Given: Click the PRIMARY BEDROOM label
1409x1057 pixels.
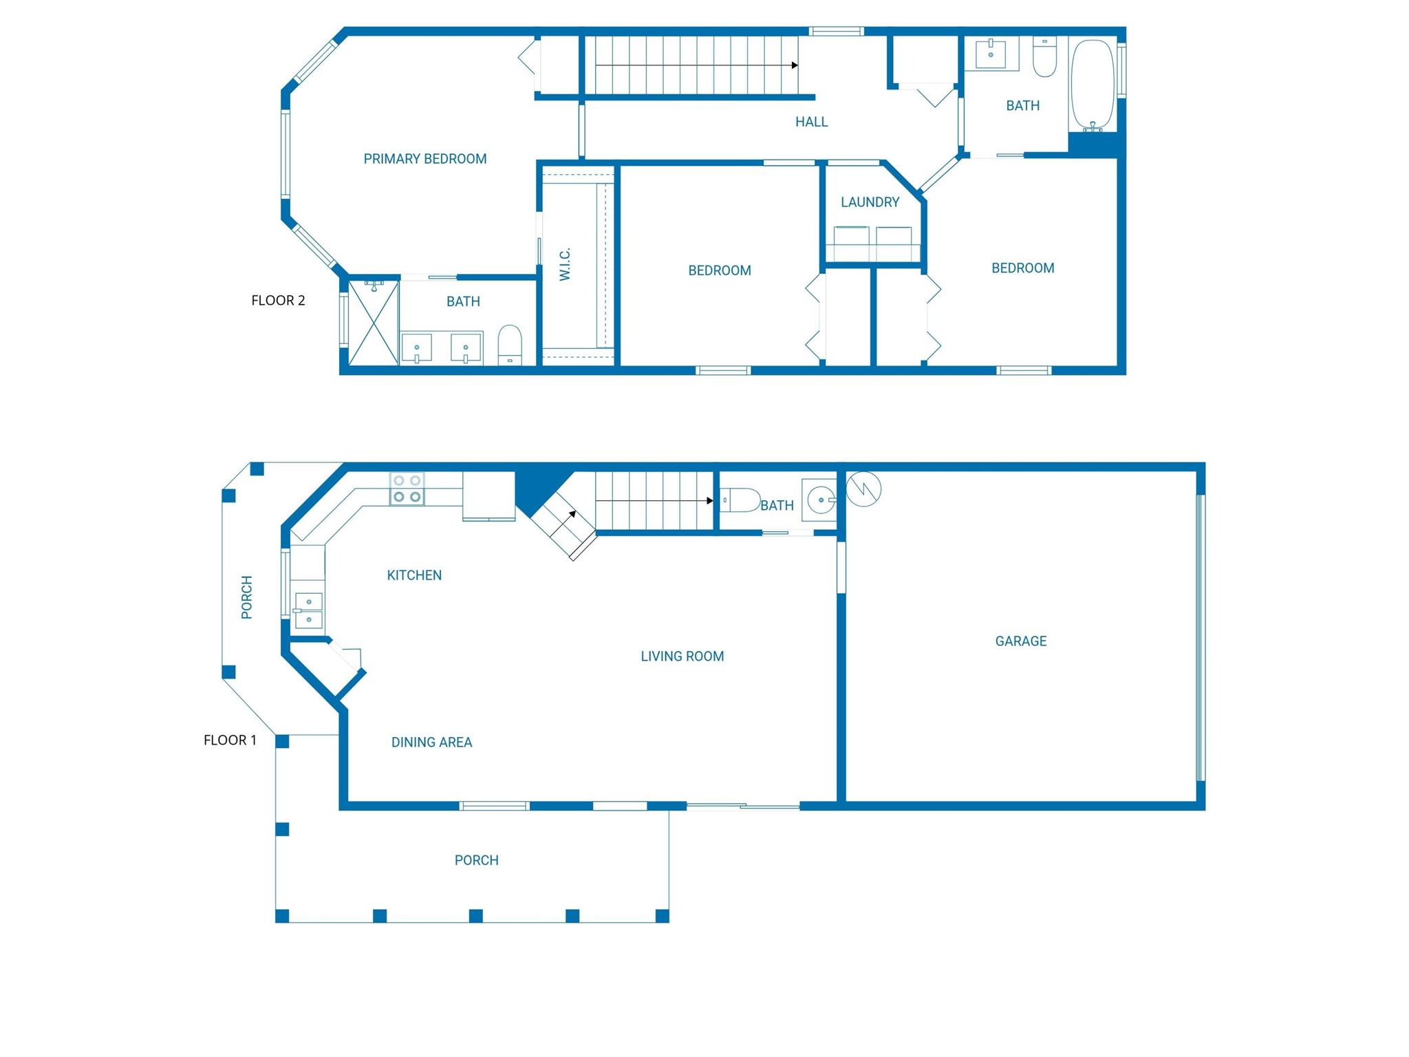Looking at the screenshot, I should [424, 159].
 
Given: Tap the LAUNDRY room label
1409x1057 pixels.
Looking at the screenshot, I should [870, 202].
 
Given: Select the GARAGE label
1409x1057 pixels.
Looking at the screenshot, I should [1020, 641].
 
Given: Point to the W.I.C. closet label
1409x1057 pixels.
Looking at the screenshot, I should [565, 264].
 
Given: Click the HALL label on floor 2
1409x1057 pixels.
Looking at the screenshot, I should [811, 122].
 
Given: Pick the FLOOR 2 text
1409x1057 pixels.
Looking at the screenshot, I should [278, 301].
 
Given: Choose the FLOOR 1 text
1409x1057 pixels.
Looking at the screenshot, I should [230, 740].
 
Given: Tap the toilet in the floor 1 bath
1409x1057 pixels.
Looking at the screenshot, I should [740, 500].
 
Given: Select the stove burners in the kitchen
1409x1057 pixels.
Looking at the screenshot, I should [407, 489].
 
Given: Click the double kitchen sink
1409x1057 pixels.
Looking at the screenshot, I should [308, 610].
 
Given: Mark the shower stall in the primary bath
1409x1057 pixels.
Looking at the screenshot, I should [374, 322].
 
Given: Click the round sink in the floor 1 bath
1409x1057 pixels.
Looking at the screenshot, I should [820, 500].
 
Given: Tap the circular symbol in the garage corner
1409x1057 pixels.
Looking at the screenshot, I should [863, 489].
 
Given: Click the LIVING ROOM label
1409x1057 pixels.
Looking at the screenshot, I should [682, 656].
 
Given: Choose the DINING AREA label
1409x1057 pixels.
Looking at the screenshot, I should [431, 743].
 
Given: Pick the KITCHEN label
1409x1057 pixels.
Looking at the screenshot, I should [414, 575].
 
